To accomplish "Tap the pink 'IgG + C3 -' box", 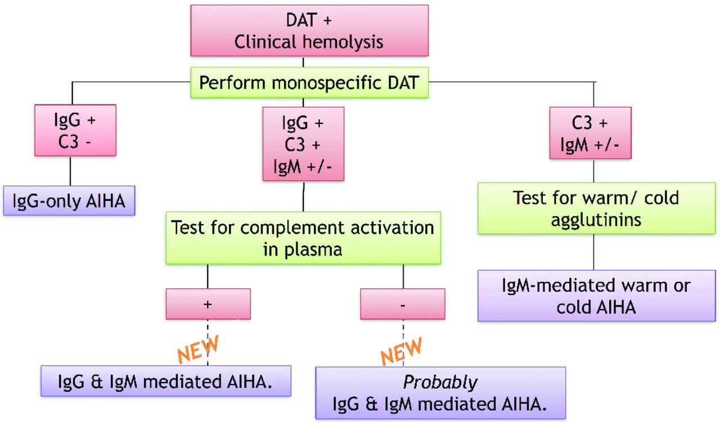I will [75, 130].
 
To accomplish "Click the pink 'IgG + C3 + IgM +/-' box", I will [303, 143].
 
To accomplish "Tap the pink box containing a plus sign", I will [208, 304].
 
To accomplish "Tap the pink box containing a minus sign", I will [402, 304].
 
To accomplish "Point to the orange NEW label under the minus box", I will [400, 351].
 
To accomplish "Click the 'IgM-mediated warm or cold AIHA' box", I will [596, 296].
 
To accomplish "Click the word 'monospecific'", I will [331, 83].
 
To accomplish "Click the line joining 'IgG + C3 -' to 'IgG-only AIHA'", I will [70, 171].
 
